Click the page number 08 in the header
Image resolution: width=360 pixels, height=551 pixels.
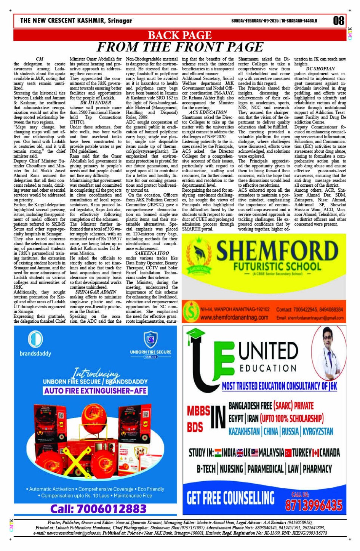338,21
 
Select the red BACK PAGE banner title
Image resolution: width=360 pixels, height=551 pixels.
179,35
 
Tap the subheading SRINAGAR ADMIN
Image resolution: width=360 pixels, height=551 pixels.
96,292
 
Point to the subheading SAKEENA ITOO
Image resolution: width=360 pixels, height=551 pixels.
152,253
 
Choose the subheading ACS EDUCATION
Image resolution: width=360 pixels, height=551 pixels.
208,112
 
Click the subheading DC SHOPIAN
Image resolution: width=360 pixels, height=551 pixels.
320,69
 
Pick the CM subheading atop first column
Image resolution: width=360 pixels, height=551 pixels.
39,59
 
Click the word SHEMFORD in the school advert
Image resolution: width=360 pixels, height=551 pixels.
277,250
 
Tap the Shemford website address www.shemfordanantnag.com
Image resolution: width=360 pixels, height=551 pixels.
234,317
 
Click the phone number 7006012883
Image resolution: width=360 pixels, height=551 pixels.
98,509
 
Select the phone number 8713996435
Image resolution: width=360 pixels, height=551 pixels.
314,505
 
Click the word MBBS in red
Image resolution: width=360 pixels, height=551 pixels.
198,411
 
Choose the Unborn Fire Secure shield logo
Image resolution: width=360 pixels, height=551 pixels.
151,339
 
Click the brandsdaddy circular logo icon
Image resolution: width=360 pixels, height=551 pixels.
35,339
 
